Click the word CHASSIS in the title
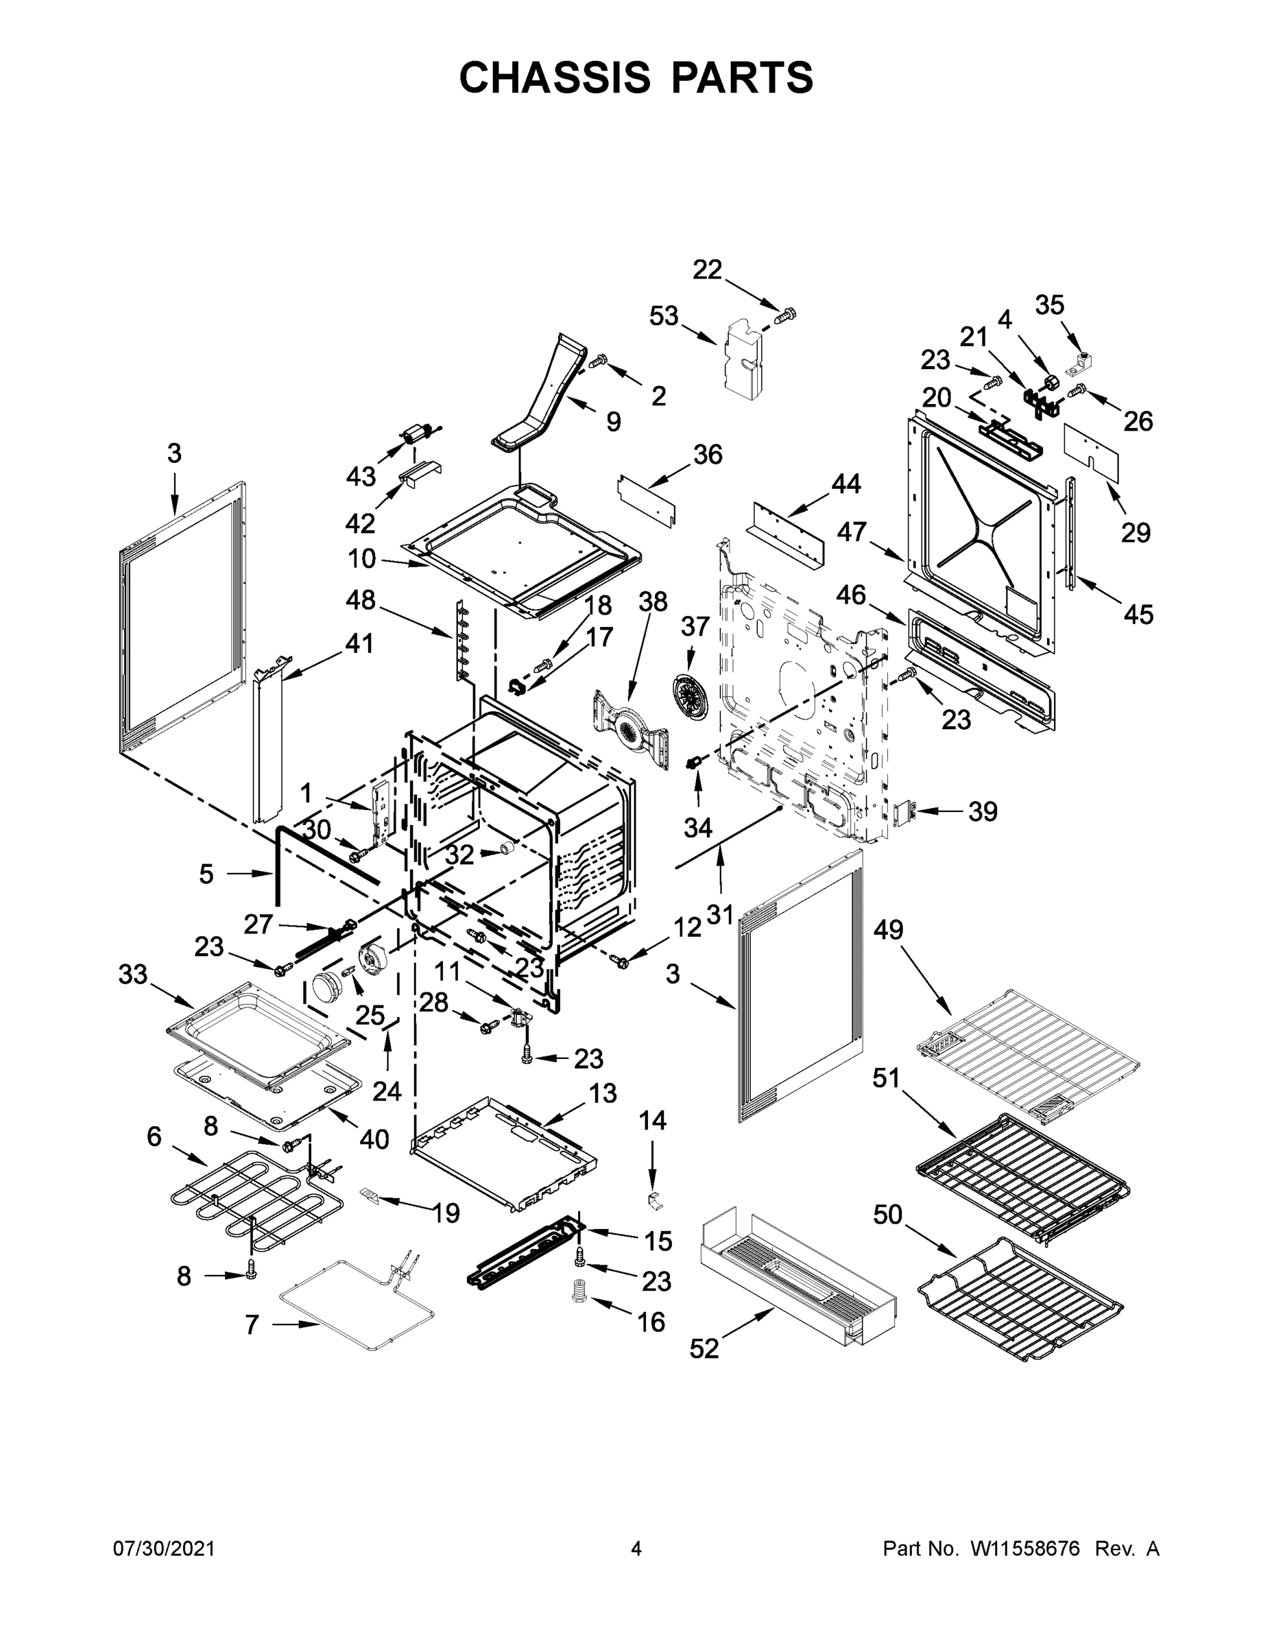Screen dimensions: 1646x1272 (555, 77)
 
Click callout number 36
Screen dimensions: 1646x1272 (708, 455)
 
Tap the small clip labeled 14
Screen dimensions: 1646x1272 (654, 1200)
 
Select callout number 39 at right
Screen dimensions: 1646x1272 (983, 812)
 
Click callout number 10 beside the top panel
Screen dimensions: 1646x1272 (361, 558)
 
